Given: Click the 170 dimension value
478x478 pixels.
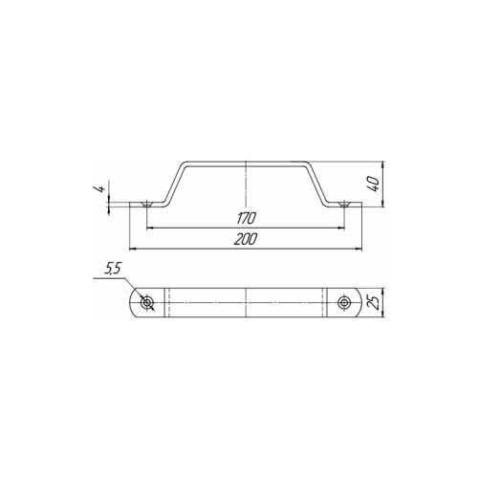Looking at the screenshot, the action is (x=246, y=218).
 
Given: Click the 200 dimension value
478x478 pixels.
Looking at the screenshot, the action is (x=245, y=239).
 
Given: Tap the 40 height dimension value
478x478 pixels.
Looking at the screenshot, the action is (x=375, y=185).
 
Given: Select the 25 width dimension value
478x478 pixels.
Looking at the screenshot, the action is (x=374, y=302).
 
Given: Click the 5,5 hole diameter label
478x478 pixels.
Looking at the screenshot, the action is (x=113, y=270).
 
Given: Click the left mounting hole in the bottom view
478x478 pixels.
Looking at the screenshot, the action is (x=147, y=302).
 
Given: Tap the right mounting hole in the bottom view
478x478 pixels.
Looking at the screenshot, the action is (x=344, y=302).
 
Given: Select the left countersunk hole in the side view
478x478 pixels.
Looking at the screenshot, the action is (x=146, y=205).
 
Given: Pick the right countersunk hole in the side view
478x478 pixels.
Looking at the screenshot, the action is (x=343, y=205).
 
